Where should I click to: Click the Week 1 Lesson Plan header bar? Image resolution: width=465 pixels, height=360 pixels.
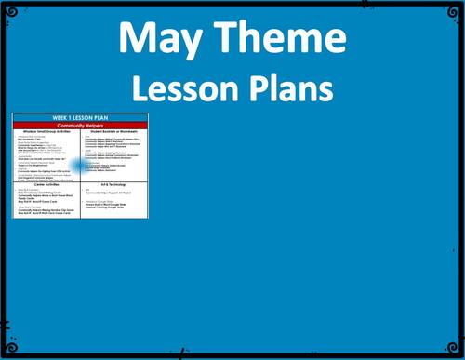tap(81, 117)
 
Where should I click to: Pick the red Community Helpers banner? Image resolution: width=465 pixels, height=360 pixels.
tap(81, 125)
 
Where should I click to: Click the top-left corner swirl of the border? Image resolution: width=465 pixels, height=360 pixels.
tap(7, 7)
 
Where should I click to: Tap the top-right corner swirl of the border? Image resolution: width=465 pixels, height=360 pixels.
tap(457, 7)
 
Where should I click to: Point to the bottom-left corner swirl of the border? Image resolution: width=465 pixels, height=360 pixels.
tap(7, 352)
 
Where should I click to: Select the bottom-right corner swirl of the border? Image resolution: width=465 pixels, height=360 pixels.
tap(457, 352)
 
